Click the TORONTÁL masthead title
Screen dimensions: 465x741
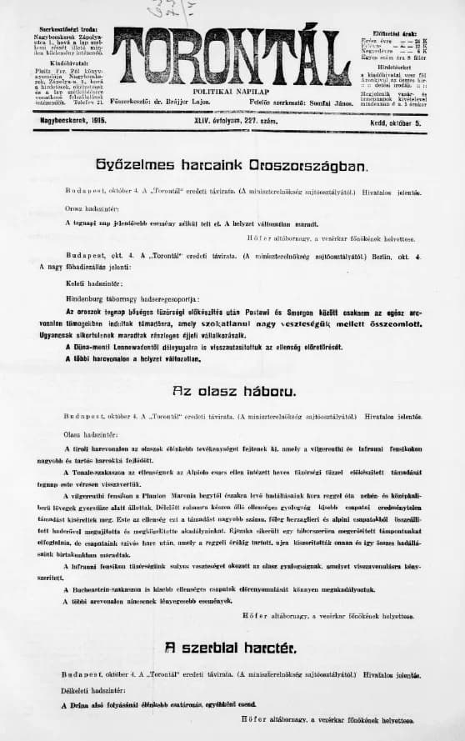[232, 55]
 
